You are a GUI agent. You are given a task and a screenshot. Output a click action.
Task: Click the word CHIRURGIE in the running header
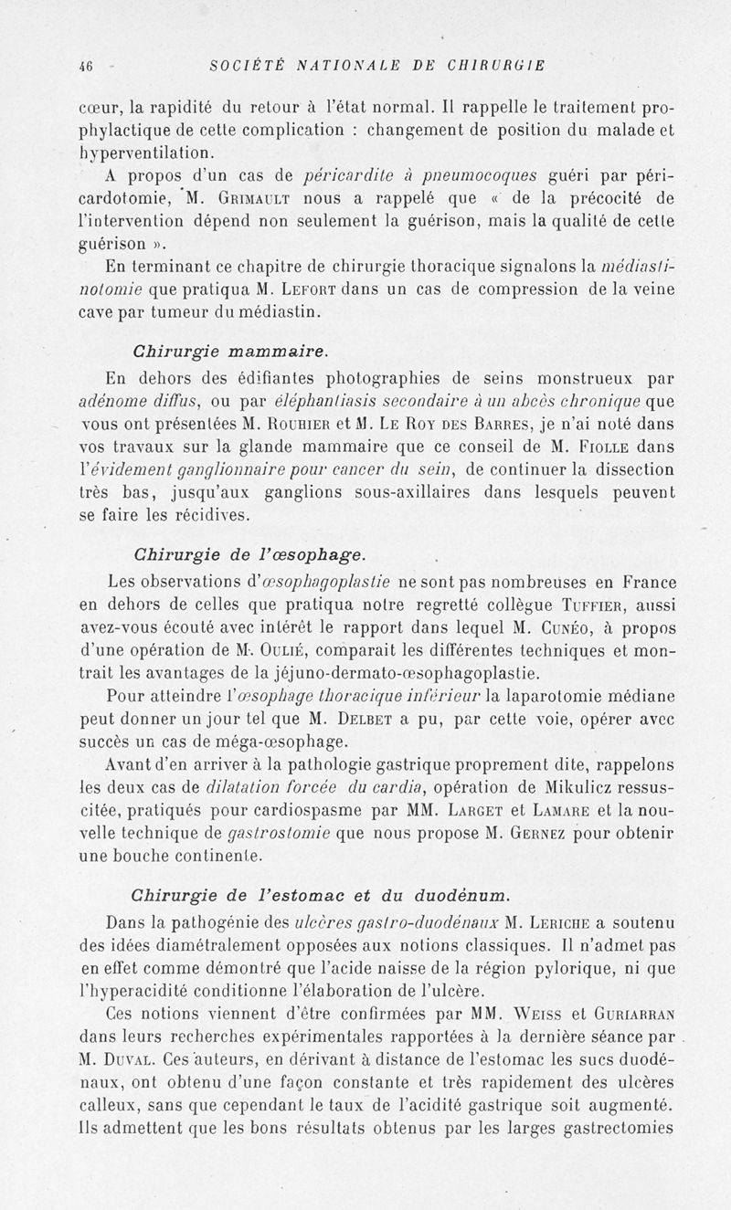click(502, 65)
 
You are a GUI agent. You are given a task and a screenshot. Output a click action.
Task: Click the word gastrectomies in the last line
click(611, 1128)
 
